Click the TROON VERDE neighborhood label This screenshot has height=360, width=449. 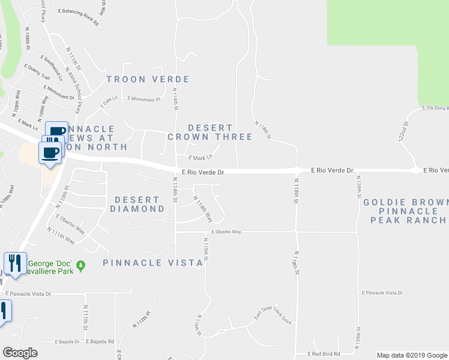148,79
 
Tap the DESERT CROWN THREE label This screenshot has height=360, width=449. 209,132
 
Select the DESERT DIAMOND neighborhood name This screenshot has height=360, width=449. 137,204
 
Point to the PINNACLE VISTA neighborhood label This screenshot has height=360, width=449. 152,263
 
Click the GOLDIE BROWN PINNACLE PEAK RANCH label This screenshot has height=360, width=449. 406,211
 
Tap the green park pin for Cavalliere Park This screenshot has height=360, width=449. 82,265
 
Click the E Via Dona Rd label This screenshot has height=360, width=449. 435,108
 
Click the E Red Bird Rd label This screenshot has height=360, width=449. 324,354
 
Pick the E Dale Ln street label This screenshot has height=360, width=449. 110,102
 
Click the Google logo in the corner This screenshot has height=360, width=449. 20,353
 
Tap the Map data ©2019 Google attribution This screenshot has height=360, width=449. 411,355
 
